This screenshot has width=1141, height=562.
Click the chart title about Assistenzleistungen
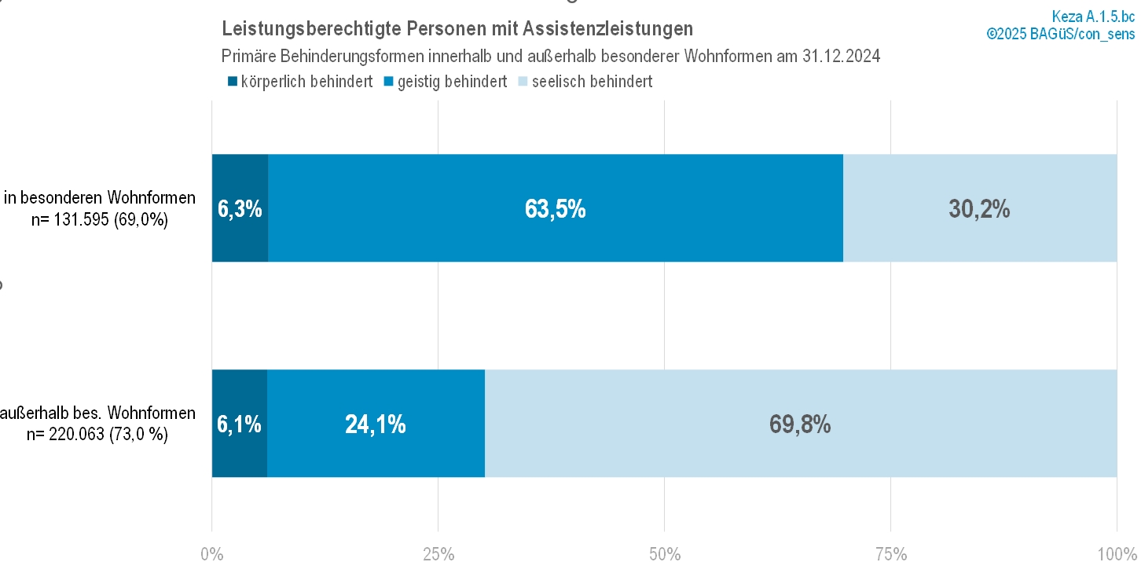(457, 29)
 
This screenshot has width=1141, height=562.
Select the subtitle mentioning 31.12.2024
(551, 56)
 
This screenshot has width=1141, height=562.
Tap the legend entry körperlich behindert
(299, 82)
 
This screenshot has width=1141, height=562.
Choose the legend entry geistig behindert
(444, 82)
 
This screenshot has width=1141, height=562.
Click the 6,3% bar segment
(240, 208)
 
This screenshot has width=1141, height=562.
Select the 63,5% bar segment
(555, 208)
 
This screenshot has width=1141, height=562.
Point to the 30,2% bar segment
(979, 208)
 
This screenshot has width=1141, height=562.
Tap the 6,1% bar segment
(240, 424)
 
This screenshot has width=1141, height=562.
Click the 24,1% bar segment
(376, 424)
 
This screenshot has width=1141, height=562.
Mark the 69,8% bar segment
(800, 424)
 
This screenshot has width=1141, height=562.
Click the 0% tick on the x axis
(212, 553)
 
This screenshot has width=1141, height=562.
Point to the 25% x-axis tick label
(438, 553)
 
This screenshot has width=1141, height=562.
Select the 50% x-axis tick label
(665, 553)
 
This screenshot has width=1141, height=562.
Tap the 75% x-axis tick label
(891, 553)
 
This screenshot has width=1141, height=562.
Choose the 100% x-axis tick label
(1113, 553)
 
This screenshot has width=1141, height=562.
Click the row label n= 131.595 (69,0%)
(100, 220)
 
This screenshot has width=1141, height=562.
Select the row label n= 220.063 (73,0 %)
(97, 434)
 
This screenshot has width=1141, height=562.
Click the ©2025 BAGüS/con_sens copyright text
(1061, 33)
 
